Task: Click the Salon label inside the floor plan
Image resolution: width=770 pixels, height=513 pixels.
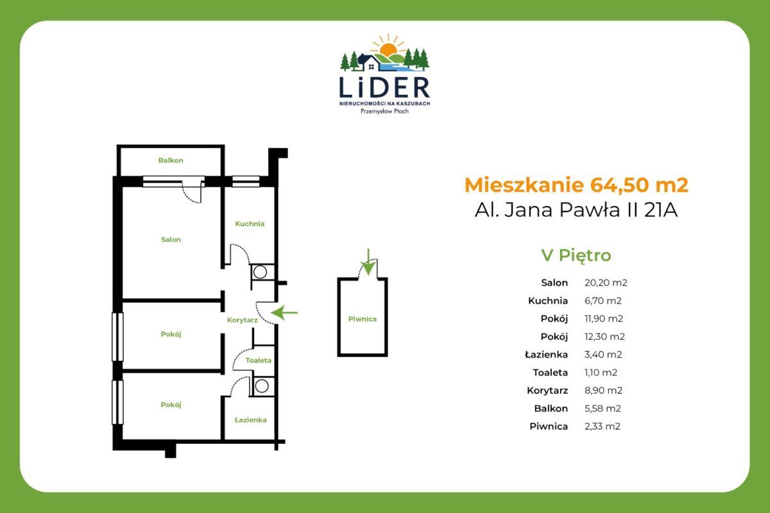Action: pos(171,240)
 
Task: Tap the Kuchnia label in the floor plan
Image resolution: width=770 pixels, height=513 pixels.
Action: pos(250,224)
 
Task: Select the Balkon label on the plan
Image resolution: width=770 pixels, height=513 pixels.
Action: pos(171,160)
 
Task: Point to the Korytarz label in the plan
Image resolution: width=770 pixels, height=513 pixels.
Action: pos(243,319)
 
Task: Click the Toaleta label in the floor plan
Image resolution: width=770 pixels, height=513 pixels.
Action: pos(258,360)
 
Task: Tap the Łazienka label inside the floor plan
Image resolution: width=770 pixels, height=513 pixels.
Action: pos(250,420)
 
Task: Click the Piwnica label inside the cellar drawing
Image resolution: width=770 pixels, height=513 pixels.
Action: pos(363,319)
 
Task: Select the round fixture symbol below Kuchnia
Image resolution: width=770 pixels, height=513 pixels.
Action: pos(260,272)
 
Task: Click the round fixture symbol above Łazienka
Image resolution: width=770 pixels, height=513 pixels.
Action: pos(261,385)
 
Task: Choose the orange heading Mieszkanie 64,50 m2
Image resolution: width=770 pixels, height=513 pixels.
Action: pos(576,185)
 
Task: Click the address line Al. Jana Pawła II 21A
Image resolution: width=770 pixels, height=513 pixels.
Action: pos(576,210)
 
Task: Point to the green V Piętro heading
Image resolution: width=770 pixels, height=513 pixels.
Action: pos(576,255)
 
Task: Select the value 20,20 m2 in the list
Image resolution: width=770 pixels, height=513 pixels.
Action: pos(606,282)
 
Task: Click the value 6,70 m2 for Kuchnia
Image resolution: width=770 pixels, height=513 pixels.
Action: pos(603,300)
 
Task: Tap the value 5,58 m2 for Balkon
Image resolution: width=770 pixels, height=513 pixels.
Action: pos(603,408)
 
